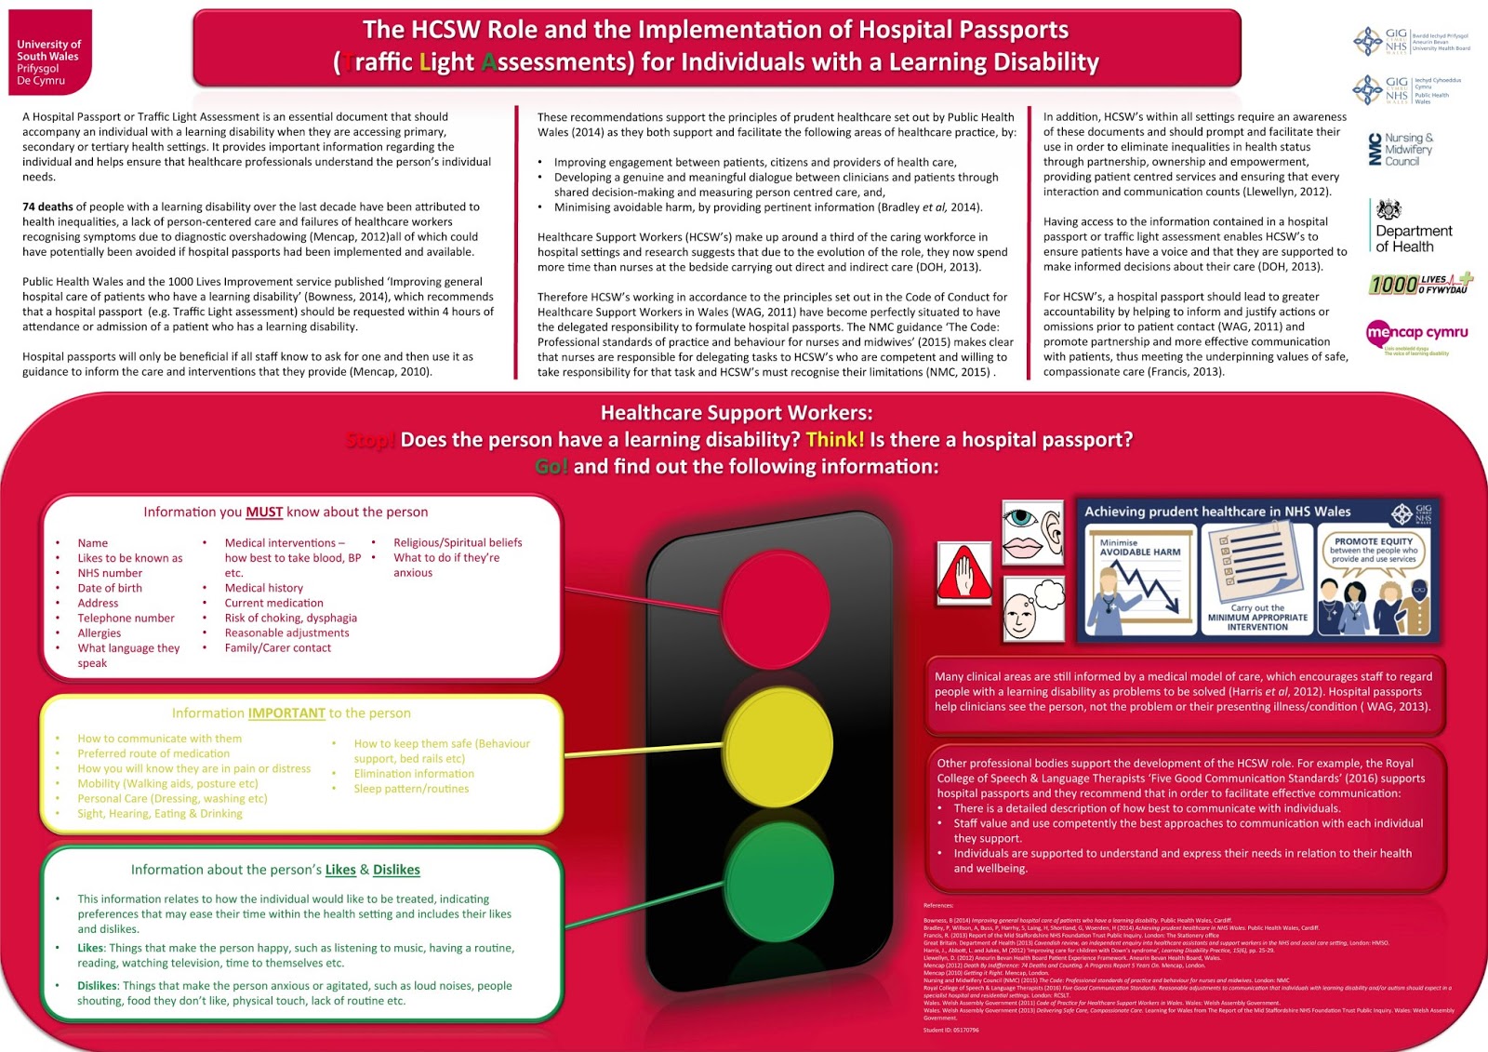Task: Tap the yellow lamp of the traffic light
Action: click(778, 745)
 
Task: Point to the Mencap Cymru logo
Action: click(1416, 335)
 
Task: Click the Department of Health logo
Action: click(1412, 228)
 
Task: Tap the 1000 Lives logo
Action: click(1419, 283)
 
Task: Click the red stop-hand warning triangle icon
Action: click(964, 571)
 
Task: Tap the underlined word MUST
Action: click(264, 513)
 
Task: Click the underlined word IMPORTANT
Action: click(286, 713)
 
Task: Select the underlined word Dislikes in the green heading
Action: click(396, 870)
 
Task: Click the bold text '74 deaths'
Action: click(47, 206)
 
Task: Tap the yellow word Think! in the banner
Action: click(834, 440)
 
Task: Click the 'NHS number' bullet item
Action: click(110, 573)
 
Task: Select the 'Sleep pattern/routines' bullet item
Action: click(411, 789)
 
